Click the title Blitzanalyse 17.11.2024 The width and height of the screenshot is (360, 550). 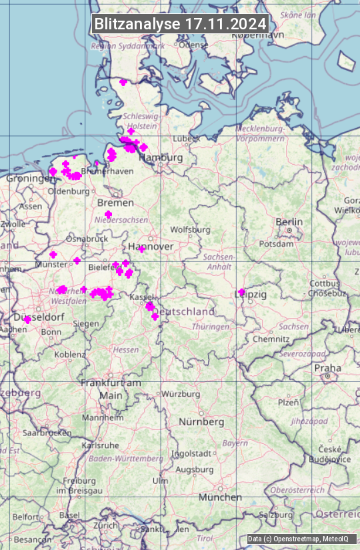click(180, 23)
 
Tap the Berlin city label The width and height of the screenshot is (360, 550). click(289, 222)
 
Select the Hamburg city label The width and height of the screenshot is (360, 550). click(161, 157)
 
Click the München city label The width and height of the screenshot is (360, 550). click(220, 497)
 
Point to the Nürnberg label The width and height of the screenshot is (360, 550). click(201, 422)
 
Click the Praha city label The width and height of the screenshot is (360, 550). click(328, 368)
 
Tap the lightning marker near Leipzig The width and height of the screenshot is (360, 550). click(241, 292)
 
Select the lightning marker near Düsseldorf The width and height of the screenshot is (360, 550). click(27, 320)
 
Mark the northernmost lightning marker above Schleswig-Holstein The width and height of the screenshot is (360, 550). click(123, 83)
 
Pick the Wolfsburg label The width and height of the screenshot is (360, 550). click(190, 229)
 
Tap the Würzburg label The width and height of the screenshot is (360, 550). click(181, 394)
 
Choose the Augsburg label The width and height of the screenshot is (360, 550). click(194, 469)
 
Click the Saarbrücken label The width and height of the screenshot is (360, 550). click(47, 432)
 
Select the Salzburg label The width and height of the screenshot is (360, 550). click(276, 515)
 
